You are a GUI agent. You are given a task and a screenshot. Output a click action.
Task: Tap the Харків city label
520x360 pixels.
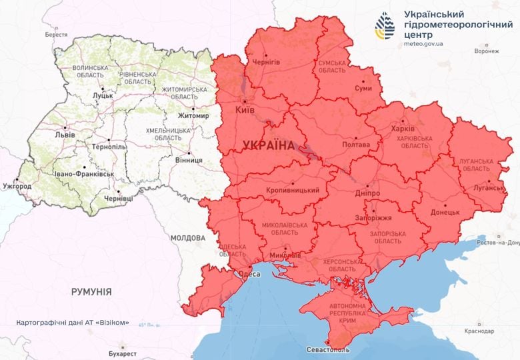[403, 128]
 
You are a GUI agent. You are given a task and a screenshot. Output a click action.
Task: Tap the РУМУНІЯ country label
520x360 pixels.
[91, 291]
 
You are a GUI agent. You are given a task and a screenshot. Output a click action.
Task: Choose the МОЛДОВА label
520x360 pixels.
[187, 238]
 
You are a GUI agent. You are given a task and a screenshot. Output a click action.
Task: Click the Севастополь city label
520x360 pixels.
[327, 349]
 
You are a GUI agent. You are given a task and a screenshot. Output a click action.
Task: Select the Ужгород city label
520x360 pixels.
[17, 186]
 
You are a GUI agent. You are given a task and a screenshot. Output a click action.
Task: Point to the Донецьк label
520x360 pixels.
[445, 212]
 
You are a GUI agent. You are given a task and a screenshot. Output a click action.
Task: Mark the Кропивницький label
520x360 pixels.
[292, 191]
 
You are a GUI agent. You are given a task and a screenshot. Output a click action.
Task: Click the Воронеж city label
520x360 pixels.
[486, 51]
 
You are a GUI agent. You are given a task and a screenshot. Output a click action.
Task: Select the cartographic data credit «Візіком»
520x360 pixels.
[74, 322]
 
